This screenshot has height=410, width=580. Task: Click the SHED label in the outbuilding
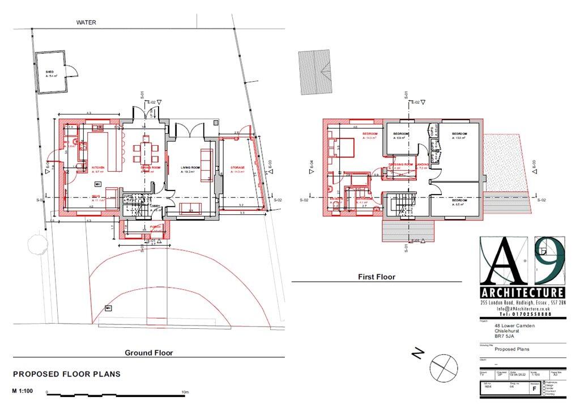[x=49, y=72]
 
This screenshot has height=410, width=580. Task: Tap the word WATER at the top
[x=87, y=23]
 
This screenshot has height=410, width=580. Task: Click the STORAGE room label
[x=238, y=168]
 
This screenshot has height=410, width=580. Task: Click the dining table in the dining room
[x=146, y=153]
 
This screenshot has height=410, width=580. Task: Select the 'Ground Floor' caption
[x=149, y=353]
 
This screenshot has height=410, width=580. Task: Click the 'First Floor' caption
[x=376, y=277]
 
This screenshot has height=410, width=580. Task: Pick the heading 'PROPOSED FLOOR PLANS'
[x=67, y=374]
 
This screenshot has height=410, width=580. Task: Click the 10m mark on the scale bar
[x=185, y=392]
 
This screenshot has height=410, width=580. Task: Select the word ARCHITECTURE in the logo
[x=522, y=293]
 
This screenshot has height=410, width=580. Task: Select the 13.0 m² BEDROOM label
[x=459, y=134]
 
